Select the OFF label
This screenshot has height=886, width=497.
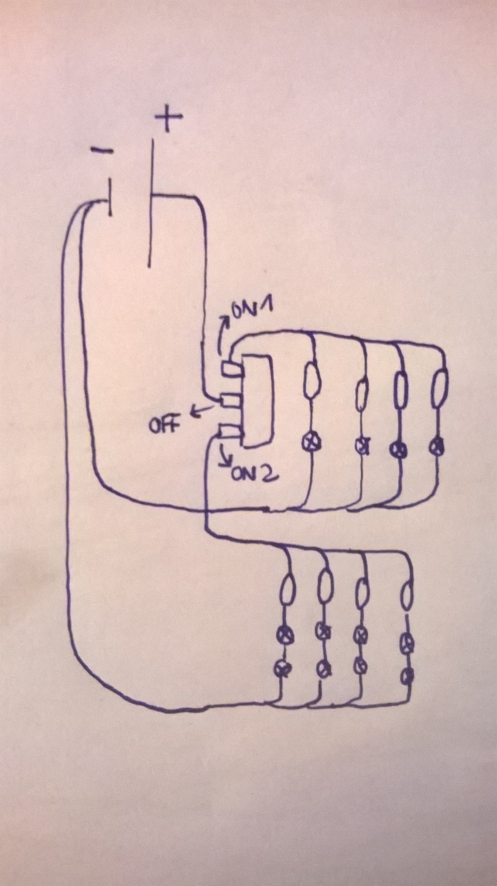pos(164,425)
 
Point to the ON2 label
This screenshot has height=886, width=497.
pos(254,475)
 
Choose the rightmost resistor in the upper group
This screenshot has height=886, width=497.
pos(439,386)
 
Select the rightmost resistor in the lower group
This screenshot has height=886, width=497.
pos(407,597)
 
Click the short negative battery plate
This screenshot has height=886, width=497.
pos(111,198)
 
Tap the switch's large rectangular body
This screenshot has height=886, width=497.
pos(256,402)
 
